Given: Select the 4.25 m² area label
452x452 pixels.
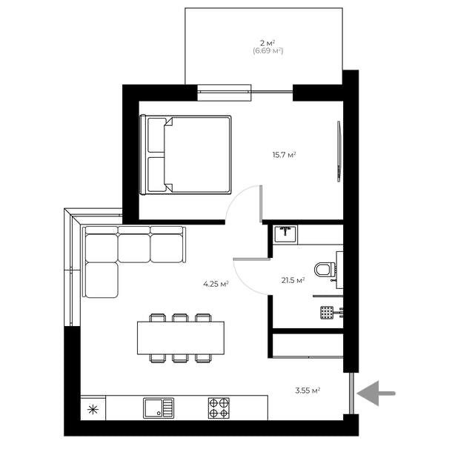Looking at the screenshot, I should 216,283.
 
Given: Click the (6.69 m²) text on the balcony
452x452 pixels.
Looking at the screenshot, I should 267,51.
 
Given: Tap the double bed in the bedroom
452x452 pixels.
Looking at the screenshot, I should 186,154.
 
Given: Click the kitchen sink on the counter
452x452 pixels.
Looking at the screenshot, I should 159,408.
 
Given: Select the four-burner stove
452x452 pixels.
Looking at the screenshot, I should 219,408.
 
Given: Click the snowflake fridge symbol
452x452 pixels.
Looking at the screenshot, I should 93,408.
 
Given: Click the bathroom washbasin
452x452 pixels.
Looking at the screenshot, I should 286,233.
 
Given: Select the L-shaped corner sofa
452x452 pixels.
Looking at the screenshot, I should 119,256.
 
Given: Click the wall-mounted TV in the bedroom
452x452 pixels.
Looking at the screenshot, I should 339,149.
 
